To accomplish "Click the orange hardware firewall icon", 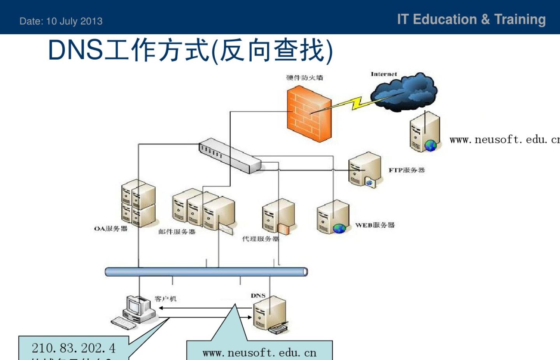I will [x=309, y=114].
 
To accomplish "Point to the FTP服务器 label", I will [x=406, y=170].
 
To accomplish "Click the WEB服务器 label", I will [x=374, y=225].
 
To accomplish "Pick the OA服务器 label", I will [x=111, y=228].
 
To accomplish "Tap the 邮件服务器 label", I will [x=177, y=232].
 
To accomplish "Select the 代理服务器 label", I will [x=260, y=239].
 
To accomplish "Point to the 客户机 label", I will [x=165, y=299].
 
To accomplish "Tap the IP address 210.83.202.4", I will [x=73, y=348].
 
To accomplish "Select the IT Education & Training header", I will [x=471, y=19].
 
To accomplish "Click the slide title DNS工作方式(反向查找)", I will [x=190, y=50].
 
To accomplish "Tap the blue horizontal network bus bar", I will [x=206, y=272].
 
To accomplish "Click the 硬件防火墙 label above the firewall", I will [x=304, y=77].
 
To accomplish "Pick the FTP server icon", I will [x=364, y=170].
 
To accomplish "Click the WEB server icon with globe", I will [x=332, y=218].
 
